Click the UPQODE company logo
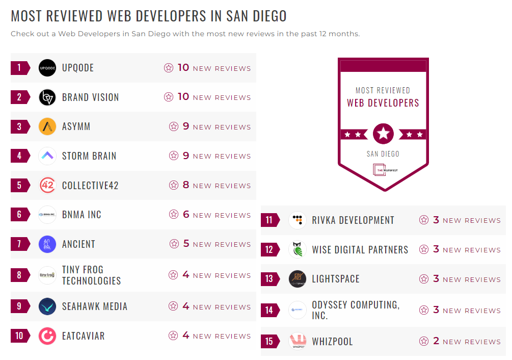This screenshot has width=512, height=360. click(47, 68)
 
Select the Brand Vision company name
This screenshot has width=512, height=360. click(90, 97)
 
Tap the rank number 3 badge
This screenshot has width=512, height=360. click(19, 126)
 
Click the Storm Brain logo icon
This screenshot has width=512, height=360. click(47, 156)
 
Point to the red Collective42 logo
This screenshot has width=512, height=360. click(47, 185)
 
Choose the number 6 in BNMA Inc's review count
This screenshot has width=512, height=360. click(186, 215)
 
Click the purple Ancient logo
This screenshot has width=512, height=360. click(47, 244)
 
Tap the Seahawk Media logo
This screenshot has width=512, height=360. click(47, 306)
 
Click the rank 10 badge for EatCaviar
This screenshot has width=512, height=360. click(19, 336)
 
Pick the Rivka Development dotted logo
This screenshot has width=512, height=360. click(298, 220)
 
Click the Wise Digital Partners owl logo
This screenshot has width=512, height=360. click(298, 250)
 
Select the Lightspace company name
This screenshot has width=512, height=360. click(336, 279)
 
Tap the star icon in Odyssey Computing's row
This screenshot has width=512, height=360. click(424, 310)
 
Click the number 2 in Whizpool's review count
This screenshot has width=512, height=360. click(436, 341)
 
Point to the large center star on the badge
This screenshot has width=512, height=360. click(383, 134)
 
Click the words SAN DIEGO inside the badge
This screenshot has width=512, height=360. click(383, 154)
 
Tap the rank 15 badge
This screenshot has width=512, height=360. click(269, 341)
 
